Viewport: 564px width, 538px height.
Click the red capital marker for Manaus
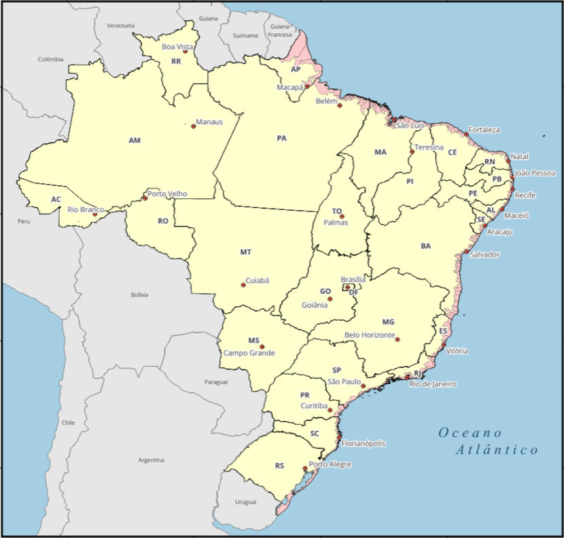pyautogui.click(x=193, y=126)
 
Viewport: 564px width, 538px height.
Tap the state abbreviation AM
pyautogui.click(x=135, y=140)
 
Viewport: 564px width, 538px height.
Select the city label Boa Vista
pyautogui.click(x=177, y=47)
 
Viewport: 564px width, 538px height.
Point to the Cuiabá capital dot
pyautogui.click(x=243, y=285)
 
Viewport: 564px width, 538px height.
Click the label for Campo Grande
pyautogui.click(x=249, y=353)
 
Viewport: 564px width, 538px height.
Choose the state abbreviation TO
pyautogui.click(x=337, y=211)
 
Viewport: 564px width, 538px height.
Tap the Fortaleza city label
pyautogui.click(x=484, y=130)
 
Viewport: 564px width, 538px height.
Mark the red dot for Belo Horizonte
pyautogui.click(x=398, y=340)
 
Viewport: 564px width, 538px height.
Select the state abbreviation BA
pyautogui.click(x=425, y=246)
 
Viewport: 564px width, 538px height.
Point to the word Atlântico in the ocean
pyautogui.click(x=497, y=450)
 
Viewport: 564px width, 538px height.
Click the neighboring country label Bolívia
pyautogui.click(x=139, y=295)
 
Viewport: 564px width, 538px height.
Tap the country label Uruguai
pyautogui.click(x=245, y=502)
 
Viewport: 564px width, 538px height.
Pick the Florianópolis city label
pyautogui.click(x=363, y=444)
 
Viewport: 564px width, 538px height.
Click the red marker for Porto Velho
pyautogui.click(x=145, y=198)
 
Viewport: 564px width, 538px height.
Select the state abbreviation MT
pyautogui.click(x=245, y=252)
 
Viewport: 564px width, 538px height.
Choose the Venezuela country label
pyautogui.click(x=120, y=26)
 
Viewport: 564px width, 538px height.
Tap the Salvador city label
pyautogui.click(x=484, y=255)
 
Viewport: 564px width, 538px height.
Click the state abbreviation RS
pyautogui.click(x=279, y=466)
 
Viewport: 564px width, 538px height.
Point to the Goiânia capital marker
pyautogui.click(x=330, y=299)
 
